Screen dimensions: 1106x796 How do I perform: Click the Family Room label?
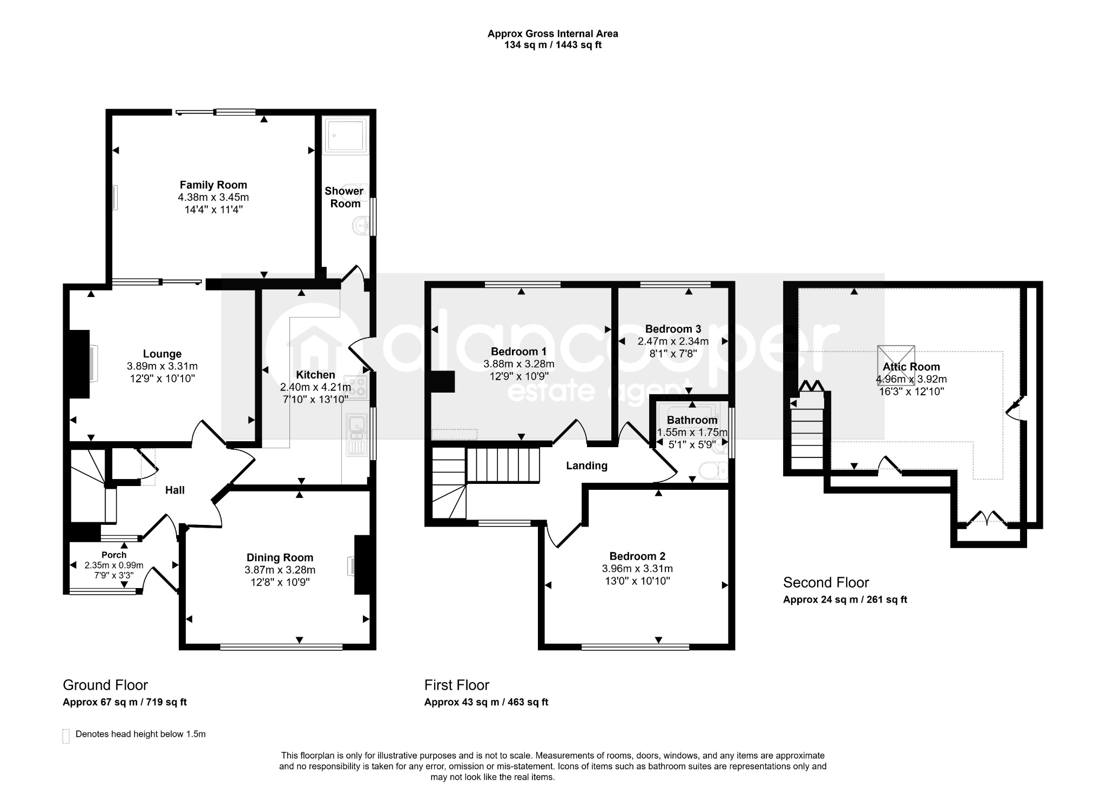[x=213, y=185]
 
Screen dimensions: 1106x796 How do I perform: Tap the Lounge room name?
[x=162, y=354]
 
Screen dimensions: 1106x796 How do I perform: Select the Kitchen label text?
[x=315, y=375]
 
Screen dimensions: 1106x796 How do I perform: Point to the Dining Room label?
[x=280, y=558]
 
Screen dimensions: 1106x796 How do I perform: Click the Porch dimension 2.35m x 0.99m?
[x=114, y=565]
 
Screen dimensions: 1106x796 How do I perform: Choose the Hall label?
[x=175, y=490]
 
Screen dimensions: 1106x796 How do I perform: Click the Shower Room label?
[x=345, y=197]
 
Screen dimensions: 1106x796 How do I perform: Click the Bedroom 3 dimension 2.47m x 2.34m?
[x=673, y=341]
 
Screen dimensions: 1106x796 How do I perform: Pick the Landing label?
[x=586, y=466]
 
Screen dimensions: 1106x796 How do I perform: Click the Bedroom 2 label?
[x=637, y=556]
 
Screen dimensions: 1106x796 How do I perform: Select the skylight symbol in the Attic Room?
[x=896, y=362]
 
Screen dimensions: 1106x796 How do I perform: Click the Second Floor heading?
[x=826, y=583]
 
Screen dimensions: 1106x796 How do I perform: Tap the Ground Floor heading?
[x=105, y=685]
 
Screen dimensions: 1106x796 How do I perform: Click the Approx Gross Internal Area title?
[x=553, y=33]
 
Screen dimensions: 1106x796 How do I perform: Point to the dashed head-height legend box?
[x=66, y=736]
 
